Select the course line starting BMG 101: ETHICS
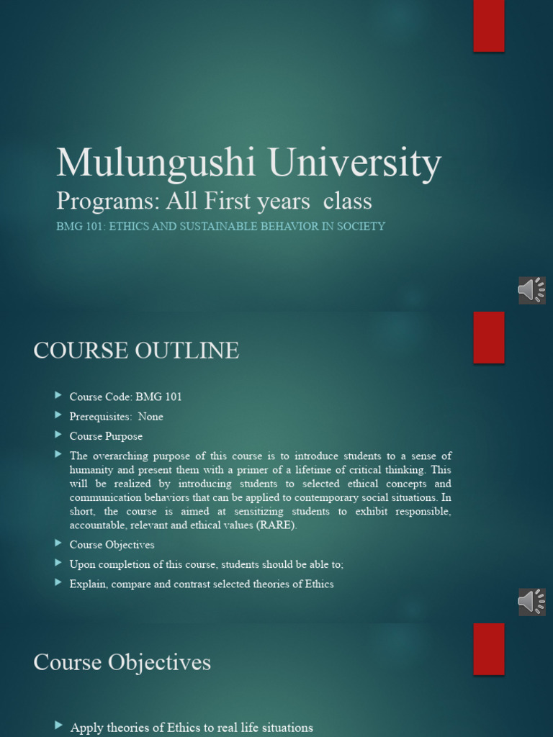220,226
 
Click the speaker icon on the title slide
531,290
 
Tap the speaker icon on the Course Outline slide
531,602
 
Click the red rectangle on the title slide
488,26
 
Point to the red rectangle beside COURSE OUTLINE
488,338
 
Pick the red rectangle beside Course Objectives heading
488,649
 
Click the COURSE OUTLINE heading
136,351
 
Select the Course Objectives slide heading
122,662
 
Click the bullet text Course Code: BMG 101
125,397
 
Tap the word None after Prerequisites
150,417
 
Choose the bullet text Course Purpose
106,436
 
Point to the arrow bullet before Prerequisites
58,415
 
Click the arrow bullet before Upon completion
58,563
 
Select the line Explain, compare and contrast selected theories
202,584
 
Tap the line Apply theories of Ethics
192,728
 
